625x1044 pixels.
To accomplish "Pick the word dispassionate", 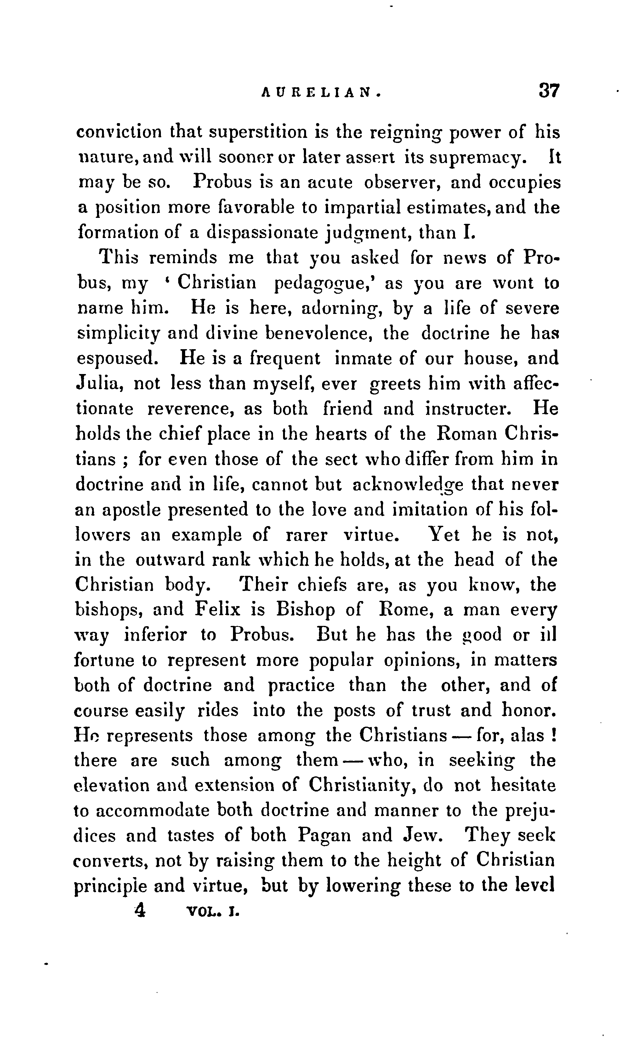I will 262,233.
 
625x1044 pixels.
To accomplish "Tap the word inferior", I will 156,635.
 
